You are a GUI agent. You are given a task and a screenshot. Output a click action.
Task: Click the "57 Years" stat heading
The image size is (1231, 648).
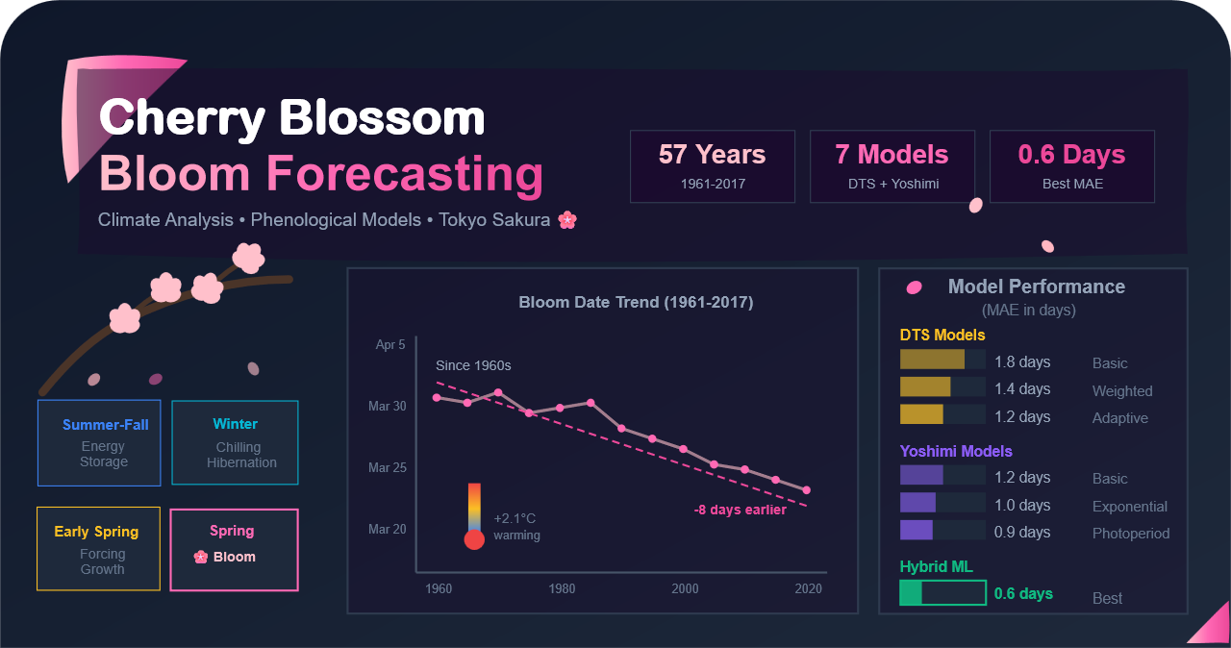pos(712,155)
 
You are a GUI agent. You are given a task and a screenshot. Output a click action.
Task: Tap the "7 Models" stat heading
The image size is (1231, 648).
pos(892,155)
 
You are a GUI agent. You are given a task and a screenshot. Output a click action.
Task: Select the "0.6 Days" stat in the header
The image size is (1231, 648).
pos(1071,155)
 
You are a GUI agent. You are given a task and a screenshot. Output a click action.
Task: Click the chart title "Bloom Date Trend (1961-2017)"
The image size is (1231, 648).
pos(636,303)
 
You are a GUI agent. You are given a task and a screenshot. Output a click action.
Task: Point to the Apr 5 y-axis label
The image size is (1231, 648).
pos(390,344)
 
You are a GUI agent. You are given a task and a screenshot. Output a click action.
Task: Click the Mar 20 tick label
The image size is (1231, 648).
pos(388,529)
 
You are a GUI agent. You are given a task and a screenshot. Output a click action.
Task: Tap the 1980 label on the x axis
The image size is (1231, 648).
pos(562,588)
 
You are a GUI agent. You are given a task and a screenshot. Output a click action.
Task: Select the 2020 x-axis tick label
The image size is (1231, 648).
pos(808,588)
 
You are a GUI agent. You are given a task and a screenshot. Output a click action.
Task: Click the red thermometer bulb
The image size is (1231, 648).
pos(474,539)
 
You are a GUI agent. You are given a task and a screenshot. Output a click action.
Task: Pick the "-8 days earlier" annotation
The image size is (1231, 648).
pos(740,510)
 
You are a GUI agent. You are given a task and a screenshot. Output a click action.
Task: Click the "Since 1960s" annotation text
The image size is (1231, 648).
pos(473,365)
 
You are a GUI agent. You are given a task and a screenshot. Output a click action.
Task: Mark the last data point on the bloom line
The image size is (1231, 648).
pos(807,490)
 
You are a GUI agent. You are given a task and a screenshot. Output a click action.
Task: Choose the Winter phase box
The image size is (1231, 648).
pos(235,442)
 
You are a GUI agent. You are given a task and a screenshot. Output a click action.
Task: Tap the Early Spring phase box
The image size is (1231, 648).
pos(98,548)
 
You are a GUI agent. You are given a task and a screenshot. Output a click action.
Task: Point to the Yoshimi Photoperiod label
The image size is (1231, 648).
pos(1131,534)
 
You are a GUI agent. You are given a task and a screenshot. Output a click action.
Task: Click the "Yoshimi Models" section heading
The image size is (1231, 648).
pos(956,451)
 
